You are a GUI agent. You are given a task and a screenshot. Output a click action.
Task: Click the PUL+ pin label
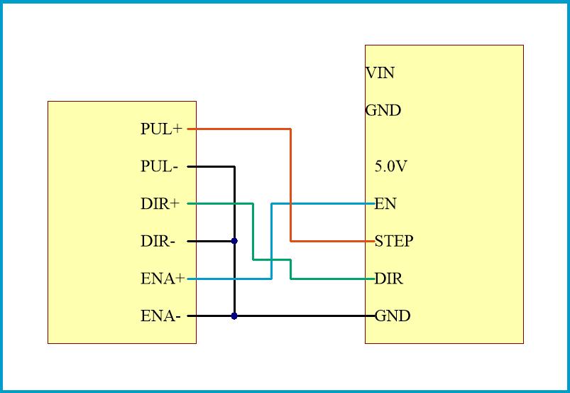click(x=161, y=129)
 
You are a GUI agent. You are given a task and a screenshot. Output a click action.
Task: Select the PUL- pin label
click(x=159, y=167)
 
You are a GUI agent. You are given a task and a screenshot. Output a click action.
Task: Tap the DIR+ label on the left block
click(x=160, y=204)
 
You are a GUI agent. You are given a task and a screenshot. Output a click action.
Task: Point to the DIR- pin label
click(x=158, y=242)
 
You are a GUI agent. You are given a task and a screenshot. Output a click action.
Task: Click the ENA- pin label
click(x=160, y=316)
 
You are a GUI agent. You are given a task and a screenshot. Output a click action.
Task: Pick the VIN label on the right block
click(x=380, y=72)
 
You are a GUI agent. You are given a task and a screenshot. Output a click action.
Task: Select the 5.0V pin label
click(x=390, y=167)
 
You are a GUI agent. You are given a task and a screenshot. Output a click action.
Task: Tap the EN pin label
click(x=385, y=205)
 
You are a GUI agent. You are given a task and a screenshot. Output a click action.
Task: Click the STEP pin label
click(x=394, y=242)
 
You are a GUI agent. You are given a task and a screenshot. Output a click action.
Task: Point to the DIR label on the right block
click(x=388, y=279)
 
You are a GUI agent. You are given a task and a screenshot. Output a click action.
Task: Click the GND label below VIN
click(x=383, y=111)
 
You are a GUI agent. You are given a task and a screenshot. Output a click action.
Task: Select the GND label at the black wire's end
click(x=393, y=316)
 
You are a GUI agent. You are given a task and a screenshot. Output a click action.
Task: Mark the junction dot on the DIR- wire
click(x=234, y=242)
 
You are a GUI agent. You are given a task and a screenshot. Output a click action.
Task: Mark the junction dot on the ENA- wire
click(x=234, y=316)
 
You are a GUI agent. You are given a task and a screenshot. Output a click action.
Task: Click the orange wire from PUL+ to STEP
click(x=291, y=185)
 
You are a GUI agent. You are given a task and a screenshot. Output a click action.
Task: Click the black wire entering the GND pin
click(x=305, y=316)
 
